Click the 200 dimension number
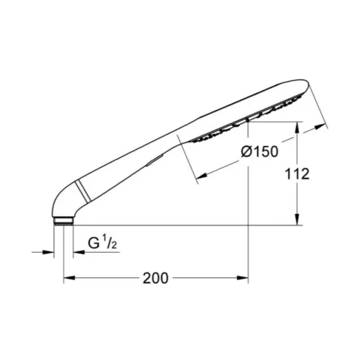(x=156, y=279)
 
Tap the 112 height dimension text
(x=297, y=174)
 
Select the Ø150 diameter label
(x=260, y=152)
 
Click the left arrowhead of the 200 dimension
(x=69, y=278)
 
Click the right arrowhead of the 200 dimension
(x=243, y=278)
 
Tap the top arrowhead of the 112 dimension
(x=297, y=127)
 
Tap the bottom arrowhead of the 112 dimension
(x=297, y=220)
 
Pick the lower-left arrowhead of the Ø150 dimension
(x=202, y=176)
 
